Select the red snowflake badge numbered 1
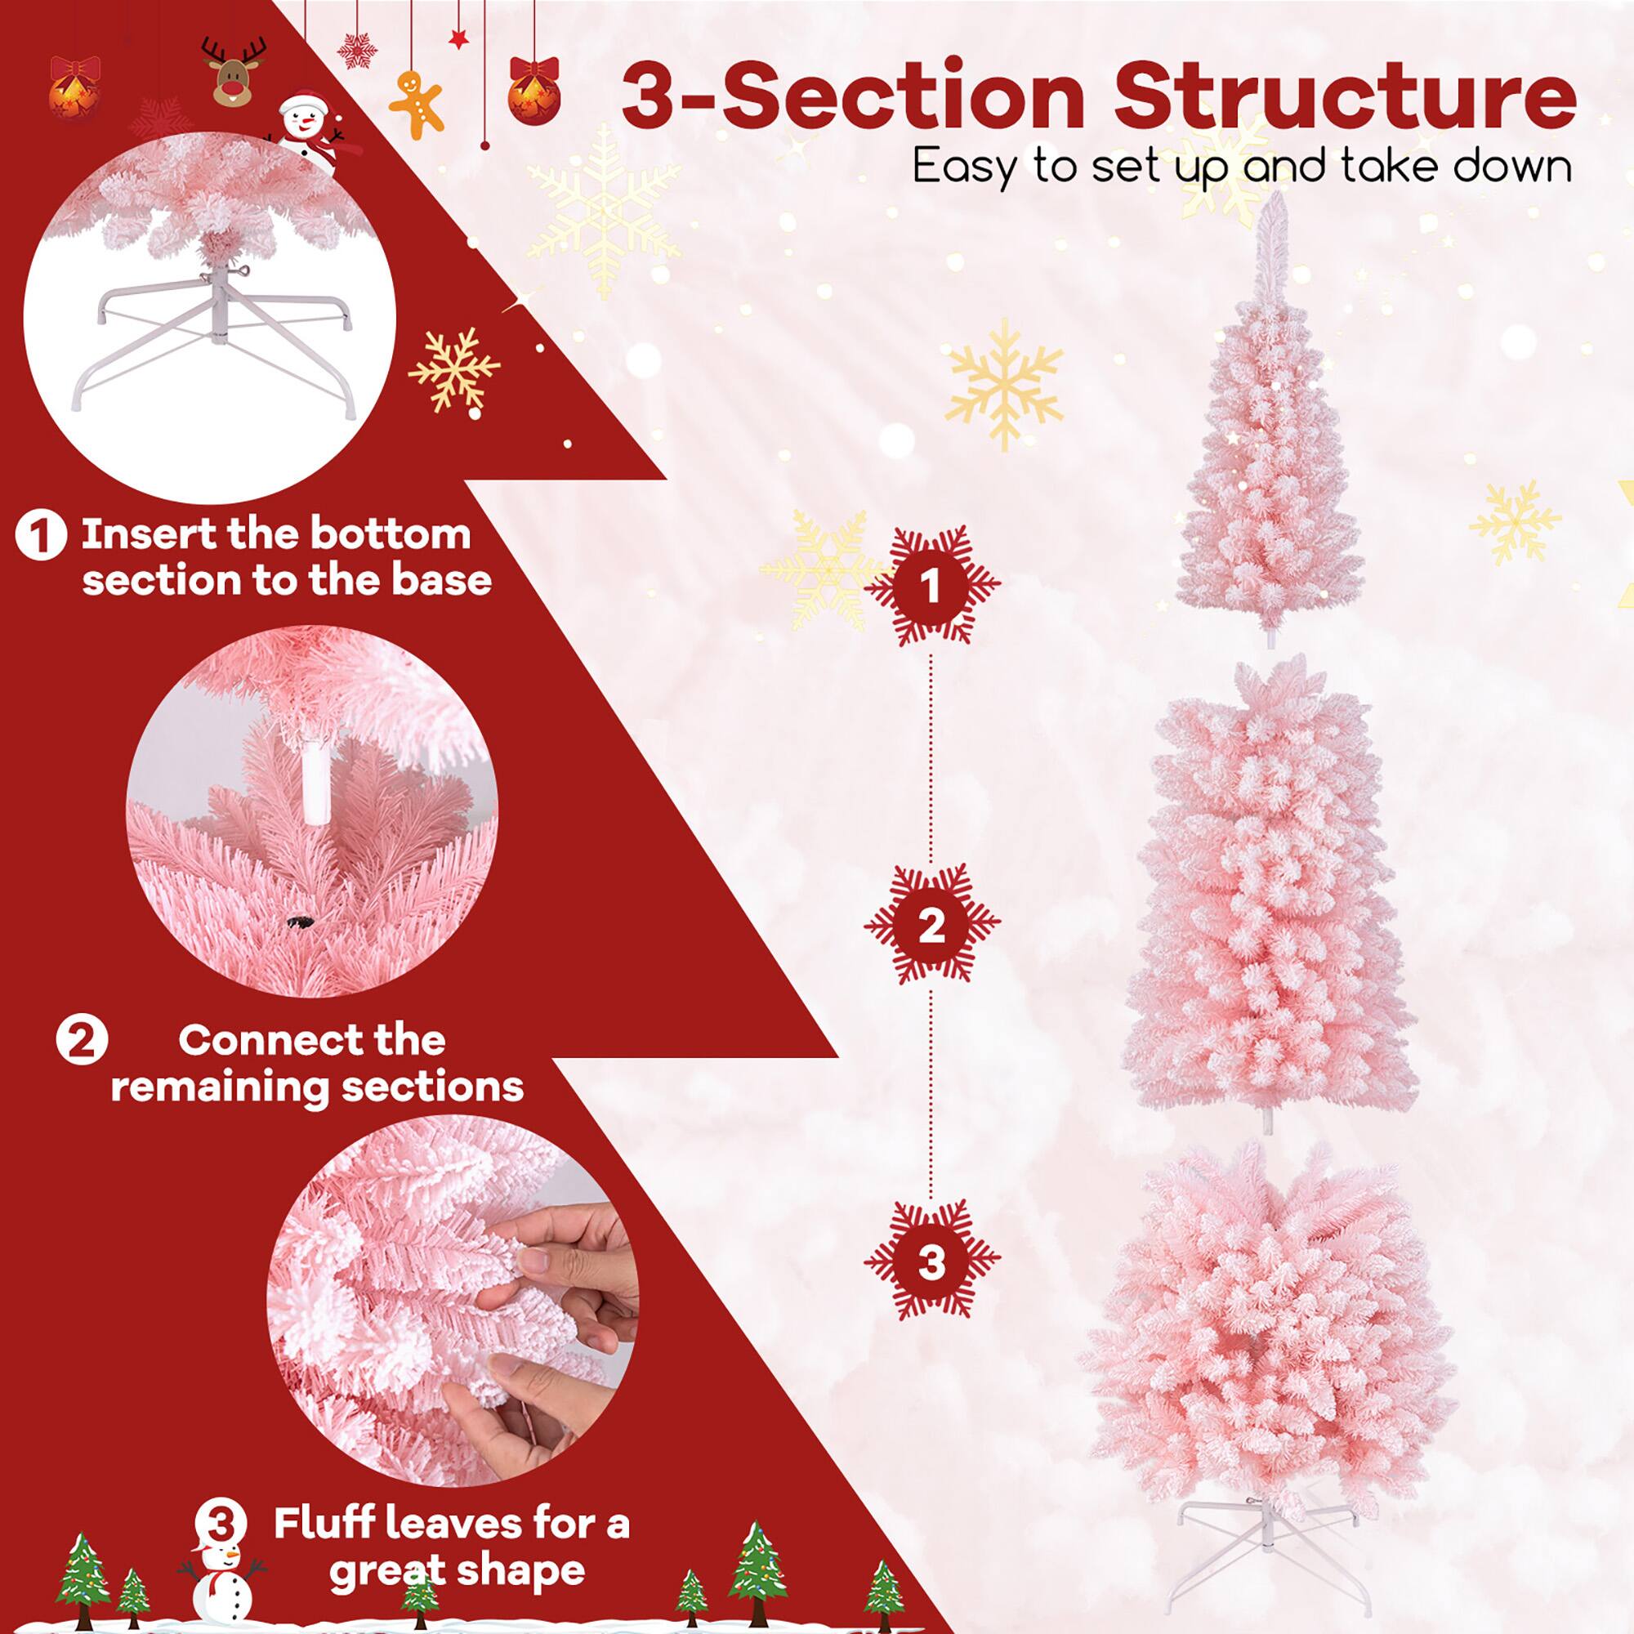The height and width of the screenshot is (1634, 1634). (931, 584)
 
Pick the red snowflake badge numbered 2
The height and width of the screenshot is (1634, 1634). (931, 924)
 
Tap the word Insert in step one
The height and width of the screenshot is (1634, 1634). (135, 534)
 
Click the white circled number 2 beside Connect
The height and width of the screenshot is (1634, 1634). (82, 1039)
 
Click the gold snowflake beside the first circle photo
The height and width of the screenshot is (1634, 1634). (455, 372)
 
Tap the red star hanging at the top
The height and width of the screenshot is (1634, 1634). (458, 39)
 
